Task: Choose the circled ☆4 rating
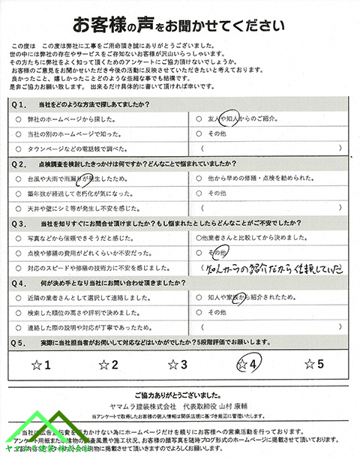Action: tap(246, 365)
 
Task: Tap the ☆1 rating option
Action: tap(41, 365)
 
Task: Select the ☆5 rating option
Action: tap(313, 365)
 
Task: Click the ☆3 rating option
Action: tap(178, 365)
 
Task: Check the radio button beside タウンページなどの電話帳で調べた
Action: tap(17, 149)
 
